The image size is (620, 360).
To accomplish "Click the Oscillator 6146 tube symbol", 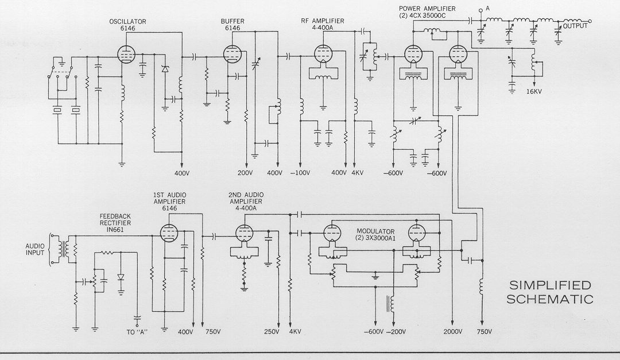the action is [126, 54].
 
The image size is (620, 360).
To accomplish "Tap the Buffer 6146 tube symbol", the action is [232, 54].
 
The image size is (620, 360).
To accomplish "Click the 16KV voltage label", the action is [534, 91].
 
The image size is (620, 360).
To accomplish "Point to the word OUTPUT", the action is [575, 26].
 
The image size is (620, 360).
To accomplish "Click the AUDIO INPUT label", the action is [35, 249].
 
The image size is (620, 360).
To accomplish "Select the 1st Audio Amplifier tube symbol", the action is [169, 233].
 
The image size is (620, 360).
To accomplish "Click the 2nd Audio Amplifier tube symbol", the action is [245, 233].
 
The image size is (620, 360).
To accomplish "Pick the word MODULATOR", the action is [375, 231].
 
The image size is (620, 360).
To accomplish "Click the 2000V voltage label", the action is [452, 332].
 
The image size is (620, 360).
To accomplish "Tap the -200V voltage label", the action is [396, 332].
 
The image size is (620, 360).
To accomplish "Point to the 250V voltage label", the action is [273, 332].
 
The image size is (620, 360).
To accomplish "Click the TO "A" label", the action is [137, 332].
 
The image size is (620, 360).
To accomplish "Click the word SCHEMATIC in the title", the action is [550, 299].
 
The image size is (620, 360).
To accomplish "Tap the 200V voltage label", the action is [246, 173].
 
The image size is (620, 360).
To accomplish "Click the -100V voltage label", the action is [300, 173].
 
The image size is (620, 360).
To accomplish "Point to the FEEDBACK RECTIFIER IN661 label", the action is [115, 223].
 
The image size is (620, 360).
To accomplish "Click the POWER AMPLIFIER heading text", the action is [427, 9].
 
